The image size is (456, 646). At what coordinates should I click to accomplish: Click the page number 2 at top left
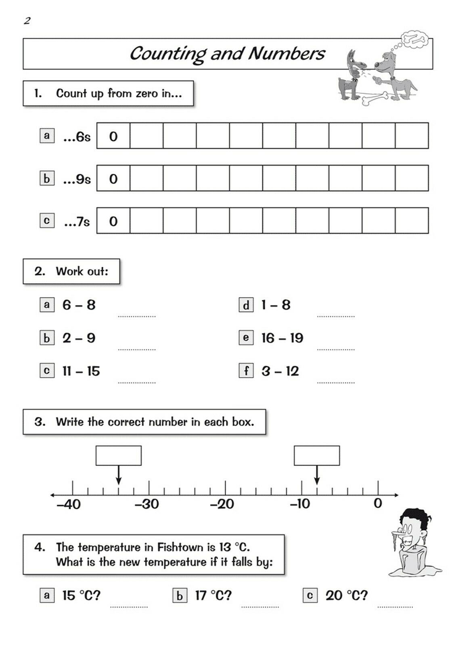click(x=27, y=21)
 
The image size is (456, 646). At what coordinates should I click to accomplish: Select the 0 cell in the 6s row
click(x=113, y=136)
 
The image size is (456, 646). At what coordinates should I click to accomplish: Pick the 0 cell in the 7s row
click(x=113, y=221)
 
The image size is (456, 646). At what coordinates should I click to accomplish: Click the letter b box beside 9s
click(x=47, y=178)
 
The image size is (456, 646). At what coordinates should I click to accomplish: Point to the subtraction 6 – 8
click(x=79, y=305)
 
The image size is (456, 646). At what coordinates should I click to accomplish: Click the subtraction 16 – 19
click(x=282, y=338)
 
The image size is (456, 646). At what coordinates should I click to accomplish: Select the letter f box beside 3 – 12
click(x=246, y=371)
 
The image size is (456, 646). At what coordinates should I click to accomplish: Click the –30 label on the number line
click(x=147, y=504)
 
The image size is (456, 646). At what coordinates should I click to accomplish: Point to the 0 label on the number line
click(x=378, y=503)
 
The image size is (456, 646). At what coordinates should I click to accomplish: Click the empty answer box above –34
click(x=118, y=455)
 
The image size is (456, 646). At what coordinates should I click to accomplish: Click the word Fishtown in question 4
click(x=180, y=547)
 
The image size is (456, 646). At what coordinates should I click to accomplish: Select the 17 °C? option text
click(x=213, y=595)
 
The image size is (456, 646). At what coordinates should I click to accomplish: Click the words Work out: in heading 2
click(x=82, y=271)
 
